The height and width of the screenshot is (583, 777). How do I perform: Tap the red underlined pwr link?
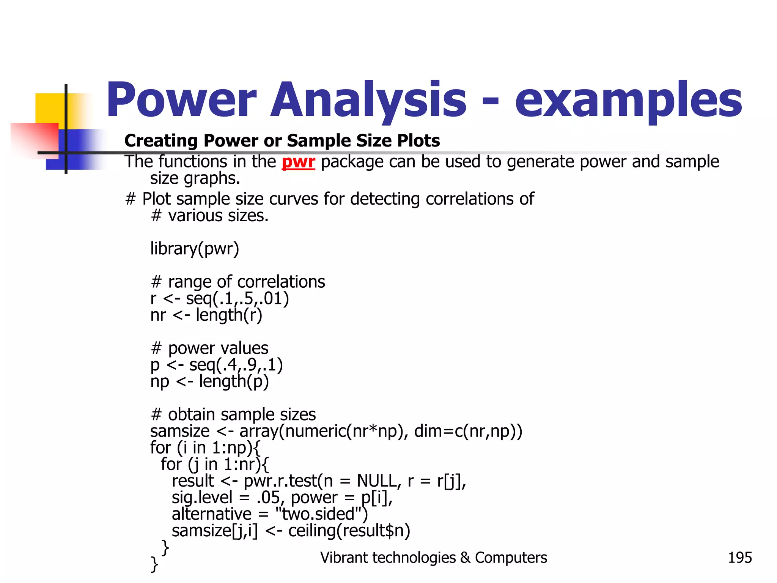pyautogui.click(x=298, y=162)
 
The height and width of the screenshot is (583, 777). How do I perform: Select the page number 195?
pyautogui.click(x=739, y=558)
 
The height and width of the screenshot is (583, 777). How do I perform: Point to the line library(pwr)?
pyautogui.click(x=195, y=249)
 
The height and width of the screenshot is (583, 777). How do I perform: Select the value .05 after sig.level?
pyautogui.click(x=268, y=498)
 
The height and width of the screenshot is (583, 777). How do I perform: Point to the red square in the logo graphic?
pyautogui.click(x=34, y=139)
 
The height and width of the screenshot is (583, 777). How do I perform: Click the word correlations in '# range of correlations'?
pyautogui.click(x=281, y=282)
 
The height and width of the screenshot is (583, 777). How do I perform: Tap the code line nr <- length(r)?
pyautogui.click(x=206, y=315)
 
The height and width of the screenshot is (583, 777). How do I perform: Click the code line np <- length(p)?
pyautogui.click(x=209, y=381)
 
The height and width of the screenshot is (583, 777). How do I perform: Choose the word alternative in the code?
pyautogui.click(x=211, y=514)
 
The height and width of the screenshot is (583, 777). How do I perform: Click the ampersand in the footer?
pyautogui.click(x=465, y=558)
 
